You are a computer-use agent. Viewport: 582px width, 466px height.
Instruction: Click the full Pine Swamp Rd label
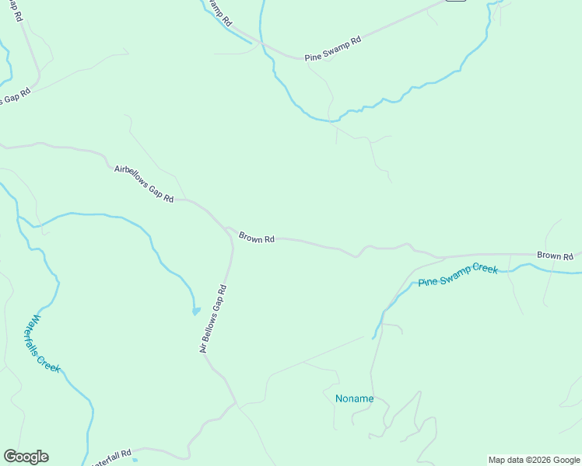(334, 49)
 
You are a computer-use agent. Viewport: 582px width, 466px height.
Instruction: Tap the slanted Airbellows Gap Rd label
(144, 184)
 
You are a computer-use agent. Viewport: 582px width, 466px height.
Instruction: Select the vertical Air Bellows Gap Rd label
(212, 319)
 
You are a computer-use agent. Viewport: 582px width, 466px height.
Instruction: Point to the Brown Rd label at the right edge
(555, 256)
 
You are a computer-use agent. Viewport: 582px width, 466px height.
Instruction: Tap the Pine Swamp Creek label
(458, 275)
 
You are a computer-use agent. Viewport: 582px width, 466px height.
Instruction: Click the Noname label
(354, 399)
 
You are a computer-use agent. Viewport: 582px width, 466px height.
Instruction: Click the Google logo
(26, 457)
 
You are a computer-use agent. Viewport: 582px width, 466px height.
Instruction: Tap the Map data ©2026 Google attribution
(534, 460)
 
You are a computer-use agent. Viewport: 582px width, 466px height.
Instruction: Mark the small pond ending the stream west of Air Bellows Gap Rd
(195, 311)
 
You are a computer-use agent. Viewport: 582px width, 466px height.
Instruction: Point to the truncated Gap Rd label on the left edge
(15, 98)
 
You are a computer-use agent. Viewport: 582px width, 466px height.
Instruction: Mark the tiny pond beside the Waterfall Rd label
(135, 448)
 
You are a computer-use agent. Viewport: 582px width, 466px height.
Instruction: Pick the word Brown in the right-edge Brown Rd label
(548, 256)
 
